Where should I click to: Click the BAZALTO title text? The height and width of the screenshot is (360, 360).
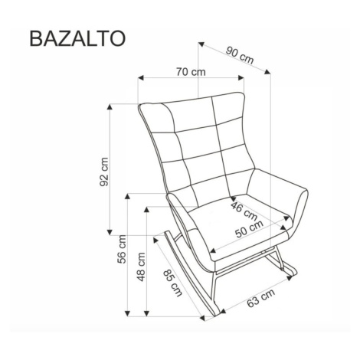77,39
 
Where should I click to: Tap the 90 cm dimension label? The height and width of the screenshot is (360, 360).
240,55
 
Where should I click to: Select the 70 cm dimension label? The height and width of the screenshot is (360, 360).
191,72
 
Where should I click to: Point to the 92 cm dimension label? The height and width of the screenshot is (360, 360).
104,172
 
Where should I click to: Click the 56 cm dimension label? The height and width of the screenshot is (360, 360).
122,249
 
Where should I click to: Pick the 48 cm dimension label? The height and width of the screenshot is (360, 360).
141,267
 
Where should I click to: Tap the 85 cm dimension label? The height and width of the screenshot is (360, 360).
173,283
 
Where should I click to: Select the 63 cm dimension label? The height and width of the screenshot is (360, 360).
260,299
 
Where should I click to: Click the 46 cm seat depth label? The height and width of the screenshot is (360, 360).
244,211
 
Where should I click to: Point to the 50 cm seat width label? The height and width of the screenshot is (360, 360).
249,229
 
